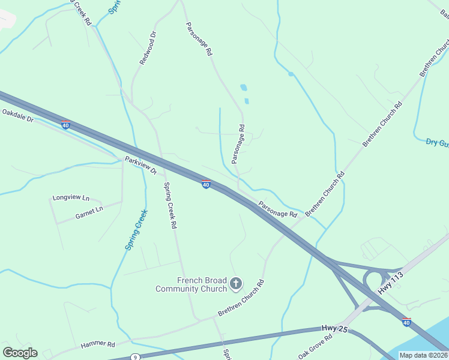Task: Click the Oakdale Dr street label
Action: [x=18, y=115]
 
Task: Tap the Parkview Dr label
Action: [x=140, y=166]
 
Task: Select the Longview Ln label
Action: [x=71, y=197]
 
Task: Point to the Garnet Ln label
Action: [x=89, y=209]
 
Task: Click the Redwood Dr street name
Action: [x=147, y=48]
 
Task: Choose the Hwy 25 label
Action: [x=330, y=328]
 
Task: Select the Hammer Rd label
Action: [x=98, y=344]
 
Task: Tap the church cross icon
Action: [x=236, y=283]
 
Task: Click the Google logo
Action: [x=20, y=353]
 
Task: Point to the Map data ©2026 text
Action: [x=423, y=355]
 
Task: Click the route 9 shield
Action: [x=136, y=358]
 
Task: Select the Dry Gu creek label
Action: [x=437, y=142]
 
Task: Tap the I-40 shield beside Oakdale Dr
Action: [x=65, y=125]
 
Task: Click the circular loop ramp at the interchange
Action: [x=375, y=280]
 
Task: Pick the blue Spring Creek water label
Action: [x=135, y=229]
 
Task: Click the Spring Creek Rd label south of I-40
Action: [x=170, y=205]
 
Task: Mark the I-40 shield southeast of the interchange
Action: [x=406, y=322]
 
